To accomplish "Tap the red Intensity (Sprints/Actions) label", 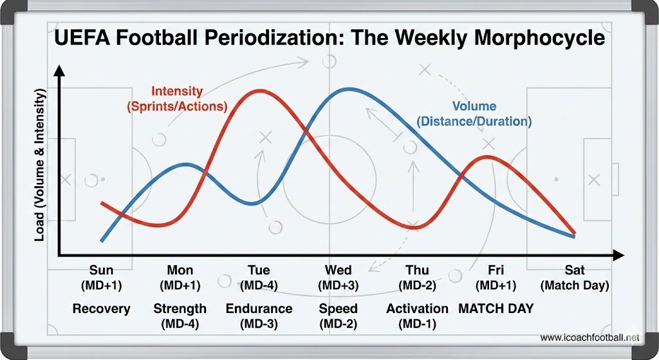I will (177, 99).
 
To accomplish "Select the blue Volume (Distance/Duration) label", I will (474, 113).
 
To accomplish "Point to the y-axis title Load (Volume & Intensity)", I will (40, 166).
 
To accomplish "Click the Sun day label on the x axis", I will (101, 270).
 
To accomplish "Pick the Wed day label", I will (338, 270).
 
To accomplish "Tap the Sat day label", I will (575, 270).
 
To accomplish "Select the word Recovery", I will (101, 308).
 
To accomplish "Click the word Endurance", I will (259, 308).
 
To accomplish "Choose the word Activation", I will (417, 308).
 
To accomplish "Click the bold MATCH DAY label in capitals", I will (496, 308).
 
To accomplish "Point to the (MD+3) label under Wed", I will (338, 285).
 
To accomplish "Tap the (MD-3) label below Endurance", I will (259, 323).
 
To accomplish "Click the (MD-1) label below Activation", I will (417, 323).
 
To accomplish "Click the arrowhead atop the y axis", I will (59, 71).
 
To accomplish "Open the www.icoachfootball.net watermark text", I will (590, 337).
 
